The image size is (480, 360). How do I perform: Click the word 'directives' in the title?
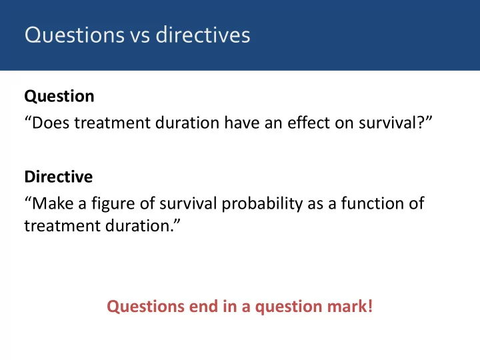point(203,35)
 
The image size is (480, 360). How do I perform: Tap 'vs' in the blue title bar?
point(140,37)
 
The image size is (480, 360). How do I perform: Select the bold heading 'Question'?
point(59,96)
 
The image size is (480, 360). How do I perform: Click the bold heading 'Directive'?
point(59,177)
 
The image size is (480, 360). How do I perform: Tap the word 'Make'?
point(53,203)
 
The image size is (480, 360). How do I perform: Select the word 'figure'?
point(113,203)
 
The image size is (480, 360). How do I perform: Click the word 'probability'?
point(263,203)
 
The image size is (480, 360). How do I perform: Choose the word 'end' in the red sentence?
point(203,307)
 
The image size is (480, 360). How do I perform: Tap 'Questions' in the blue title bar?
point(75,35)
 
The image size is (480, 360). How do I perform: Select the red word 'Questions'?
point(146,307)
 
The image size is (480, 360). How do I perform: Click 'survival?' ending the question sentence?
point(392,123)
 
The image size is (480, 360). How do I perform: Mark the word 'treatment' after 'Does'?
point(113,123)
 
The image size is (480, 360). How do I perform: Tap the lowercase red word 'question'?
point(289,307)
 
